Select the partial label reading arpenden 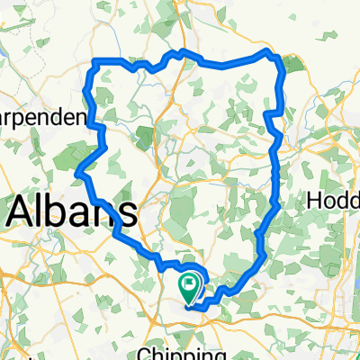click(42, 119)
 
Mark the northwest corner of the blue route click(95, 61)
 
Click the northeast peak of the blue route click(267, 53)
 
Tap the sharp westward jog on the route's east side click(266, 113)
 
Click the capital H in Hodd click(315, 200)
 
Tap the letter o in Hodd click(329, 201)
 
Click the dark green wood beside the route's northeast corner click(293, 64)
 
